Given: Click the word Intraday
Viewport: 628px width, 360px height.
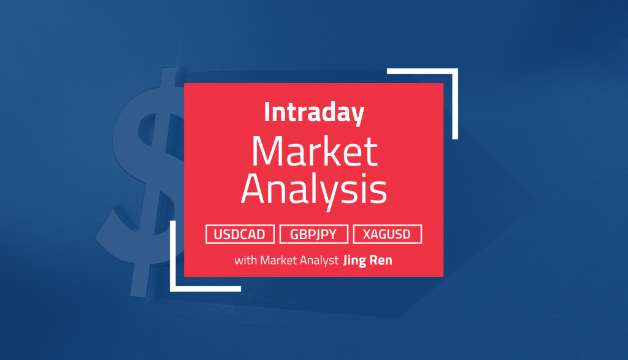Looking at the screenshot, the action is point(314,113).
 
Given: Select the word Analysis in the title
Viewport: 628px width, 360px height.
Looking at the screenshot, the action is point(314,190).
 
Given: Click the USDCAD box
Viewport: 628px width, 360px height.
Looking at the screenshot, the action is point(240,234).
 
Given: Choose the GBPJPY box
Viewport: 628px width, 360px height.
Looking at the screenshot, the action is point(313,234).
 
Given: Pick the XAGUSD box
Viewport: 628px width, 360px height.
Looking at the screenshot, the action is point(388,234).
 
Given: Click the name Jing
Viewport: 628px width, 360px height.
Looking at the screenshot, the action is point(354,261).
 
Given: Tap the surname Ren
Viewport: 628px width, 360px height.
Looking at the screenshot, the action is point(380,260).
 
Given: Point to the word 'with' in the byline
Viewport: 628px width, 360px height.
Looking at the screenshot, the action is point(245,260).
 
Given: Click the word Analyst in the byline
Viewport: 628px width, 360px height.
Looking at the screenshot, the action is point(319,261).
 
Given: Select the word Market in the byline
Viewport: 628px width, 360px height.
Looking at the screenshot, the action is point(279,260).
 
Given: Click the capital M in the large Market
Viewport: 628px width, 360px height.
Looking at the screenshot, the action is point(267,151).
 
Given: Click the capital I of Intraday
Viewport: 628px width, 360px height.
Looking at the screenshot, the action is point(267,112).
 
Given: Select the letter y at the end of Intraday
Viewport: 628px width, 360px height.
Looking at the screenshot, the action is point(358,116).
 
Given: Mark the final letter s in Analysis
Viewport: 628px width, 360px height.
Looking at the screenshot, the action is point(379,192).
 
